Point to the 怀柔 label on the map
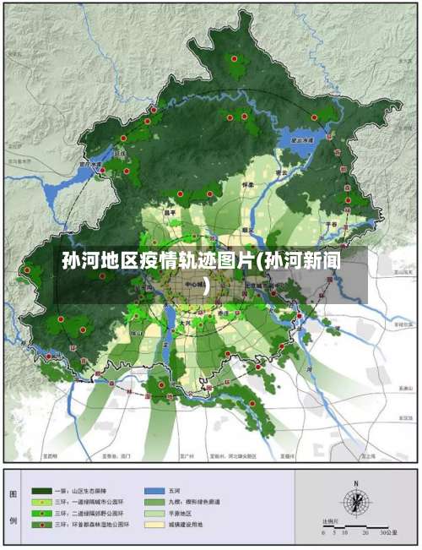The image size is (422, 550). pos(247,182)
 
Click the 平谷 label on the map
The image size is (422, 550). pos(332,224)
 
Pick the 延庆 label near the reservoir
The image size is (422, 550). pos(120,154)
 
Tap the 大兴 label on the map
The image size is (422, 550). pos(189,322)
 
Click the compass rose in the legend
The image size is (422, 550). pos(355,500)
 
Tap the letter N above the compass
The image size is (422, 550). pos(355,482)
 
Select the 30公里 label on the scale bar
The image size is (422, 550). pos(389,533)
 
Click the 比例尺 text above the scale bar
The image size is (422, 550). pos(331,521)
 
